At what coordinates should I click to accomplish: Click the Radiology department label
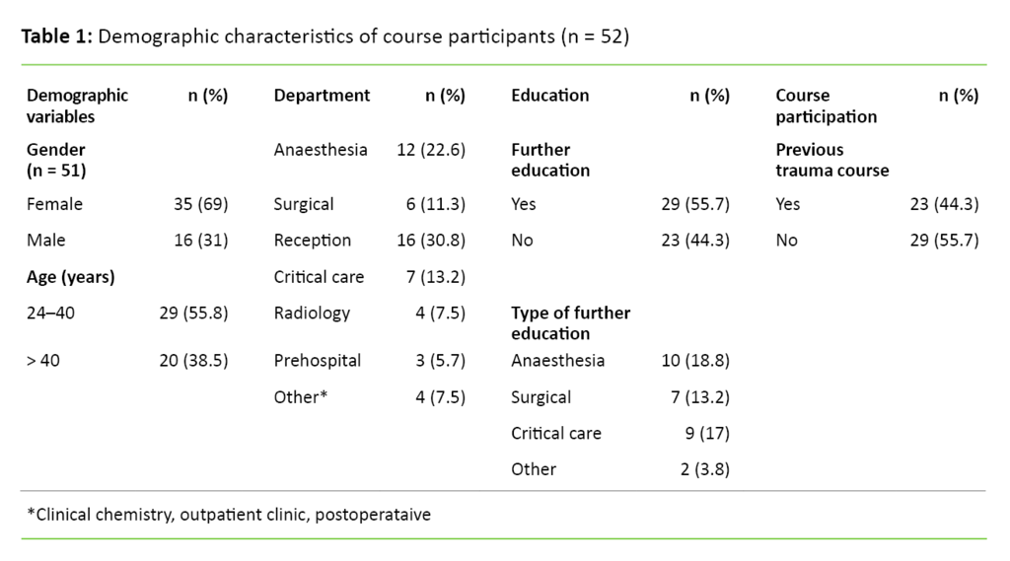[x=312, y=313]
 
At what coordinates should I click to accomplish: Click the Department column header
[x=322, y=96]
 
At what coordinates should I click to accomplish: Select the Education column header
[x=549, y=96]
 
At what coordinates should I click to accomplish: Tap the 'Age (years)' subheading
[x=70, y=277]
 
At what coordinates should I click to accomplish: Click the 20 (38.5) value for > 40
[x=192, y=361]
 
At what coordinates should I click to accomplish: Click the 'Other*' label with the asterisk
[x=300, y=397]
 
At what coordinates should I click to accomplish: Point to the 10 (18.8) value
[x=694, y=361]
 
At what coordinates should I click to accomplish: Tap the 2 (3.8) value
[x=704, y=469]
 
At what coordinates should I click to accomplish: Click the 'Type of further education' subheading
[x=570, y=323]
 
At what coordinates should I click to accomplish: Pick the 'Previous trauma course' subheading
[x=831, y=160]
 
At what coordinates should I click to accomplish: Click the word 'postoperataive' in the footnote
[x=373, y=515]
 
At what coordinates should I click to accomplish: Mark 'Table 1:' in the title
[x=57, y=37]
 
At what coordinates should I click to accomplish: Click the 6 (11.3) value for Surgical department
[x=434, y=204]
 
